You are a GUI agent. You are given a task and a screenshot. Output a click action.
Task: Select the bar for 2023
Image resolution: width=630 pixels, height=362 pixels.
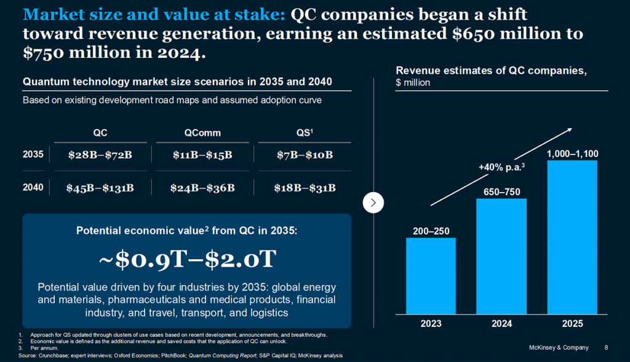[x=431, y=275]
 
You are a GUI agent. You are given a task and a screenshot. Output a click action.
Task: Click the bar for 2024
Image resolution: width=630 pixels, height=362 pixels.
[x=501, y=255]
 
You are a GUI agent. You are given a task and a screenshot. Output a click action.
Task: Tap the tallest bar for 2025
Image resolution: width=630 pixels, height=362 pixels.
[x=572, y=236]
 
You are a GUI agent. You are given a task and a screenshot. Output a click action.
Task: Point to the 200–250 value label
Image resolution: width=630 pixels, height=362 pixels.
[x=431, y=231]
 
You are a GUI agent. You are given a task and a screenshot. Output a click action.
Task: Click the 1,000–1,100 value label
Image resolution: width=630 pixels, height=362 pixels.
[x=572, y=153]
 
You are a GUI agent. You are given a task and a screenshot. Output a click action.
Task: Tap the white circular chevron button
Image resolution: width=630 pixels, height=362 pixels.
[x=373, y=202]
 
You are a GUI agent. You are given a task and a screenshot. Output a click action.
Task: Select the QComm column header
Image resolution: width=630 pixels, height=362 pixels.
[x=202, y=132]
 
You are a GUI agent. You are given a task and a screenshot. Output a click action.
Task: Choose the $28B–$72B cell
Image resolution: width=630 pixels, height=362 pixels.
[x=100, y=155]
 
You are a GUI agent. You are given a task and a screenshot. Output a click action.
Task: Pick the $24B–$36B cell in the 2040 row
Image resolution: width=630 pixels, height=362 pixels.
[x=203, y=188]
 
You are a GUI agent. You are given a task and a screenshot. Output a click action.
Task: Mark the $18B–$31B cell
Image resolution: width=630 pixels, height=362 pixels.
[x=305, y=188]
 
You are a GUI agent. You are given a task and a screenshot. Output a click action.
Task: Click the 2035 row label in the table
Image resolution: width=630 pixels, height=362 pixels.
[x=33, y=155]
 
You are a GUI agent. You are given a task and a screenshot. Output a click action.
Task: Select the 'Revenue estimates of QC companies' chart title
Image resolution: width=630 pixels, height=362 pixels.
[x=491, y=71]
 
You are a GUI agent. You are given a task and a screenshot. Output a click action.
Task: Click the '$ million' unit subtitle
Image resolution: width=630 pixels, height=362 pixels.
[x=413, y=82]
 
